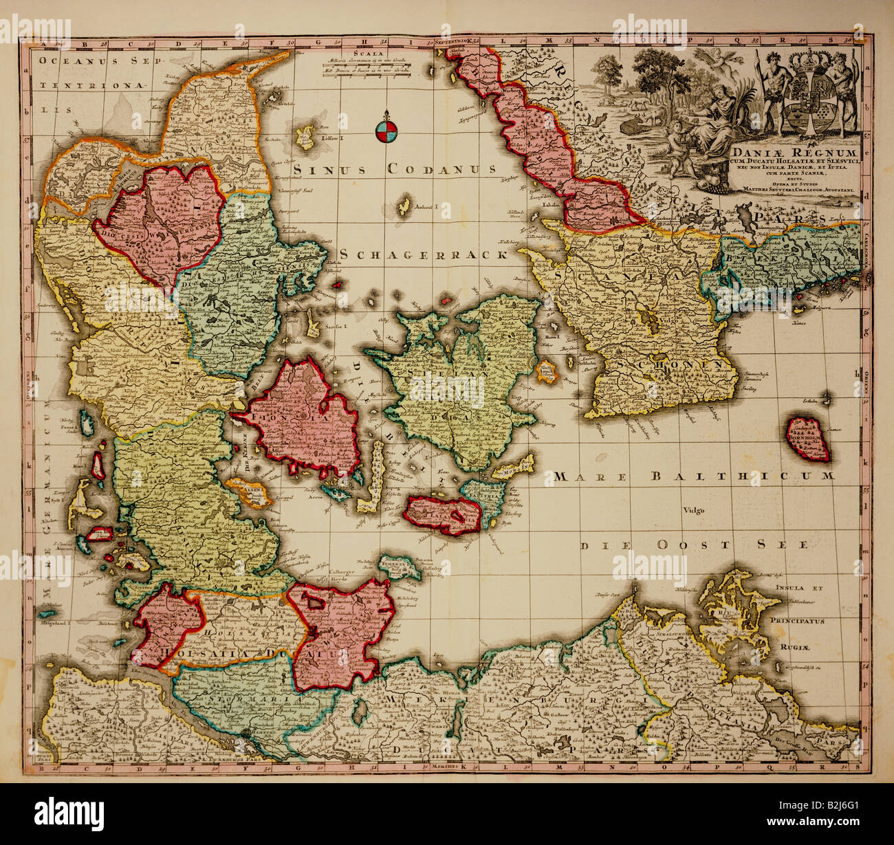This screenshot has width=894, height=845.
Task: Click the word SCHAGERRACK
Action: pos(423,254)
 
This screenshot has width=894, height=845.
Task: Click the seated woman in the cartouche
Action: pos(722,117)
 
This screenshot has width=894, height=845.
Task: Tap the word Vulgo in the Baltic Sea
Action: pos(694,510)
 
